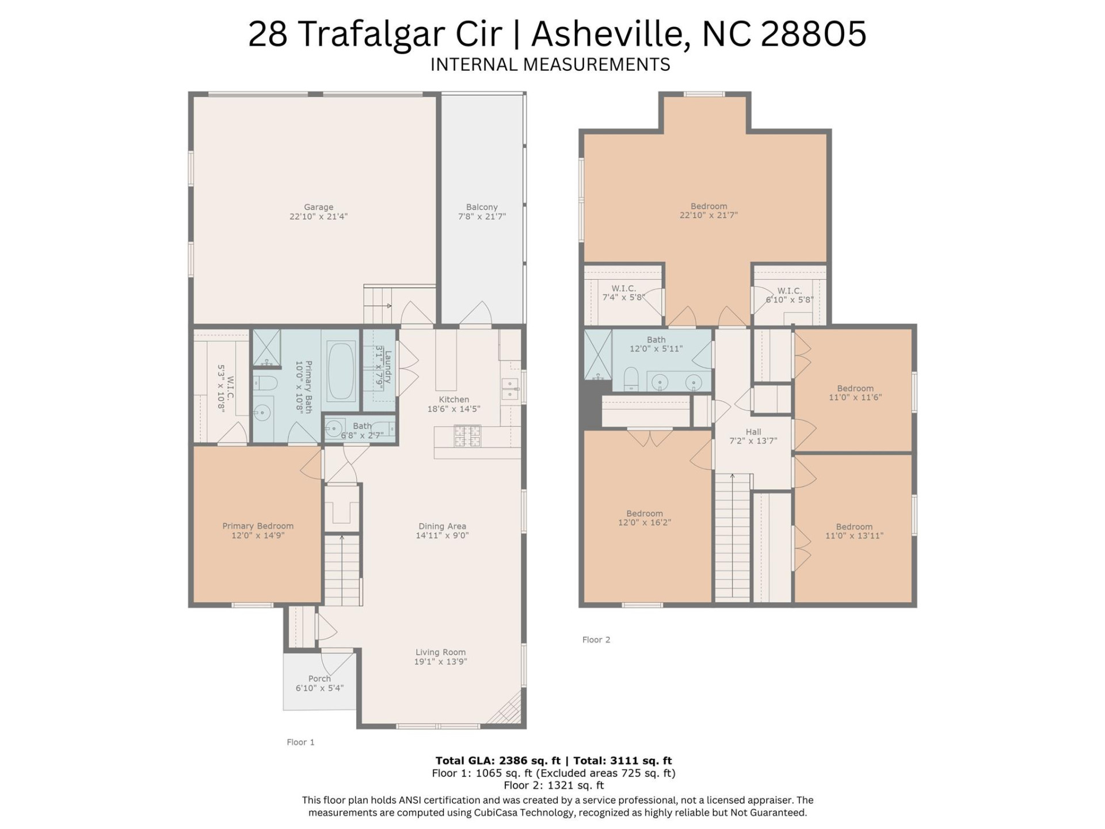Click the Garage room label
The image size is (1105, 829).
click(318, 207)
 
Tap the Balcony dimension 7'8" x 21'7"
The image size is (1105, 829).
click(482, 217)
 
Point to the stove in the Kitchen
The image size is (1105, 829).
click(463, 436)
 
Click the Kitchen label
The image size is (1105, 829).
click(454, 400)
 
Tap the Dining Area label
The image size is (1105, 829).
click(442, 526)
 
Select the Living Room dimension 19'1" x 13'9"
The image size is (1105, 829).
click(440, 662)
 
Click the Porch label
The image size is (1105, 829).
click(319, 679)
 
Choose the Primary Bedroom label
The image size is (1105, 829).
click(258, 526)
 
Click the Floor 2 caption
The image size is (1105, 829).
click(596, 640)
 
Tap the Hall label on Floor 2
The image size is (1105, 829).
click(753, 432)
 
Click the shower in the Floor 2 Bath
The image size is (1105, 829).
click(598, 354)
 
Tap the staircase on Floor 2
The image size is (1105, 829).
click(733, 538)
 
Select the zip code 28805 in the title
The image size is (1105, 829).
click(813, 33)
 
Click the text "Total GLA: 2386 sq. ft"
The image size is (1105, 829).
click(497, 760)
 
